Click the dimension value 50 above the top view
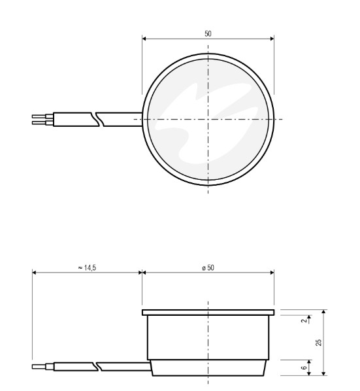click(208, 33)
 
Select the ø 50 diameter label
click(208, 267)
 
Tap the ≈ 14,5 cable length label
click(86, 267)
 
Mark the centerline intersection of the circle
click(208, 119)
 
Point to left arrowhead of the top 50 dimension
click(144, 38)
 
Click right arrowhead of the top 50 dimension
click(272, 38)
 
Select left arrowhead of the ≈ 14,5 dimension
click(34, 273)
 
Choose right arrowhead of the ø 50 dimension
click(272, 273)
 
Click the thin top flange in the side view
click(208, 313)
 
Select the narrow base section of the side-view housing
click(208, 367)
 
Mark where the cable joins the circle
click(143, 119)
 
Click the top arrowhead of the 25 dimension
click(323, 313)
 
